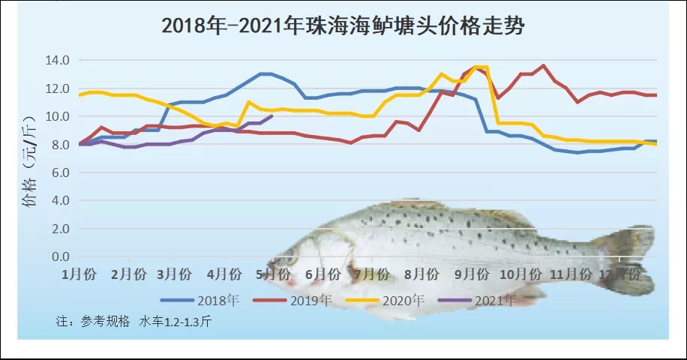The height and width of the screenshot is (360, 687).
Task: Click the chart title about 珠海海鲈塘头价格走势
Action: (x=343, y=26)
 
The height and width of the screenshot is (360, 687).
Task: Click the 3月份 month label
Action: (x=177, y=274)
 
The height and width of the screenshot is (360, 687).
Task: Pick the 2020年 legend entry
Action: (x=403, y=301)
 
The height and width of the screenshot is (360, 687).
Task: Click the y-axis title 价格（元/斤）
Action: (x=28, y=160)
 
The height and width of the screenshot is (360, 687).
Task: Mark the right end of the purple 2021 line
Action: (x=271, y=116)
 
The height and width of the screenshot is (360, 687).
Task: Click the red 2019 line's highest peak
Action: (x=544, y=65)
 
